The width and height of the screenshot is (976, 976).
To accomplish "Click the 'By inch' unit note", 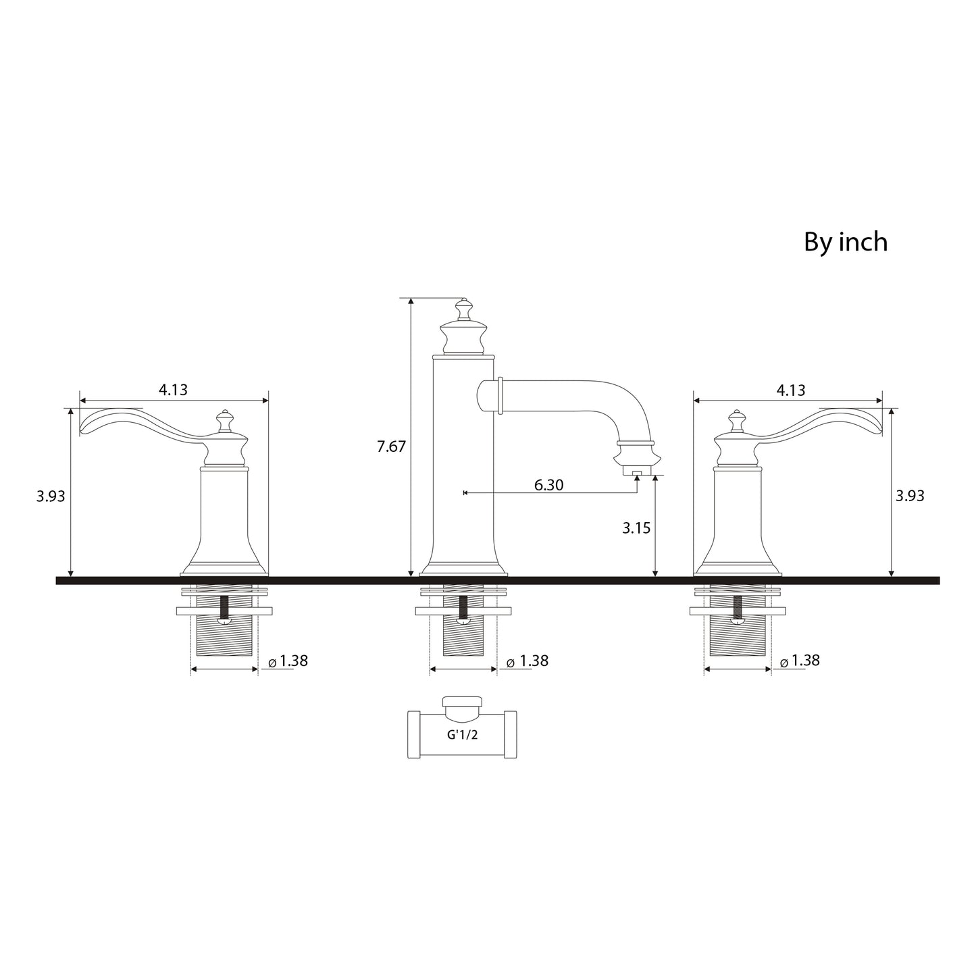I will tap(845, 242).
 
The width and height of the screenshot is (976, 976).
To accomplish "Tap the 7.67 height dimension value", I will tap(392, 446).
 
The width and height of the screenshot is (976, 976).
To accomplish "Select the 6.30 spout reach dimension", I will tap(548, 485).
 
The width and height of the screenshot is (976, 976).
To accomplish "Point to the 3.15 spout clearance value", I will tap(636, 528).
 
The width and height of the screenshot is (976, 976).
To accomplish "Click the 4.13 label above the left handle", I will tap(173, 390).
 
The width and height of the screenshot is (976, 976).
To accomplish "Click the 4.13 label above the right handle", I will tap(791, 390).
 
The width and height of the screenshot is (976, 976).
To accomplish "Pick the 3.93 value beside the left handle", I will tap(51, 496).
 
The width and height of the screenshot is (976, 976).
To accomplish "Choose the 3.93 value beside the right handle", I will tap(910, 496).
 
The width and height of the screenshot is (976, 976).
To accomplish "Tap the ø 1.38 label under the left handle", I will tap(288, 661).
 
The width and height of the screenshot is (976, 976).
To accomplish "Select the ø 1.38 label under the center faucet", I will tap(528, 661).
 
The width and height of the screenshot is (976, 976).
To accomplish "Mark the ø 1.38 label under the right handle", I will tap(800, 661).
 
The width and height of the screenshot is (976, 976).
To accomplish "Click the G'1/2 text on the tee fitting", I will tap(462, 735).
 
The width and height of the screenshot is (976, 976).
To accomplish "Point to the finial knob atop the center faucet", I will tap(463, 311).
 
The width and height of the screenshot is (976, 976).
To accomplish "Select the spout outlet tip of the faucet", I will tap(636, 471).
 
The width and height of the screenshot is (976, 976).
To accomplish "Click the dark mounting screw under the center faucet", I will tap(463, 607).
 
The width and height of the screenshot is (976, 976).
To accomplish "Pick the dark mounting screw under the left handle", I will tap(224, 607).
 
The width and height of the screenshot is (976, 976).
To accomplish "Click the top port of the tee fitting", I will tap(462, 702).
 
